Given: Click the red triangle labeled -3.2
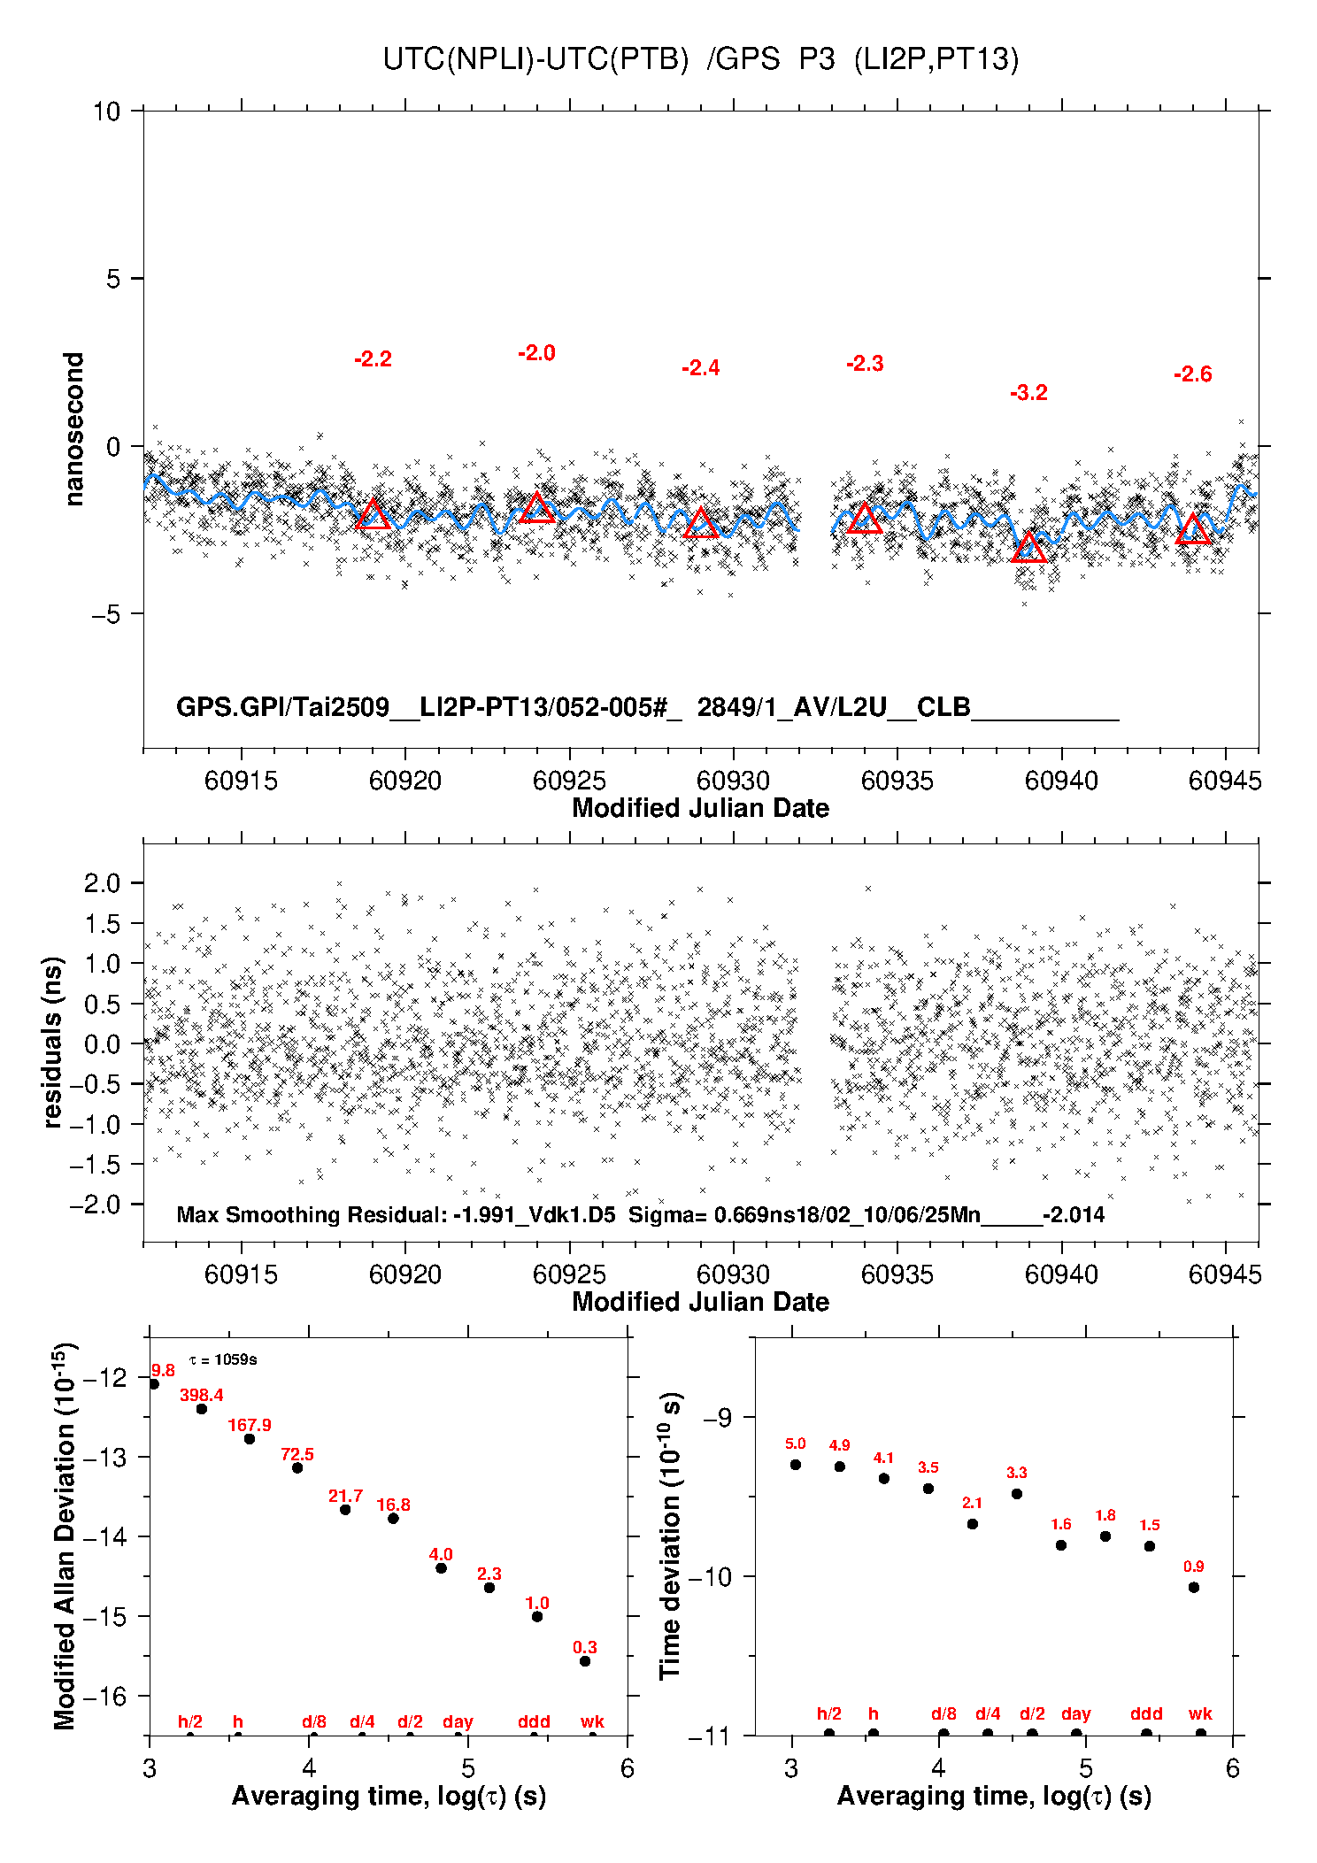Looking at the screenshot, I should [x=1028, y=548].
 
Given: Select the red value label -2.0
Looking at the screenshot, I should [x=536, y=353].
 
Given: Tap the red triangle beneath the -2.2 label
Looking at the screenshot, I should [x=373, y=515].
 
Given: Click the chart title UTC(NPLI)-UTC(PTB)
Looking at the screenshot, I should [x=535, y=59].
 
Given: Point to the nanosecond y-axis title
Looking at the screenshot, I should [x=73, y=429].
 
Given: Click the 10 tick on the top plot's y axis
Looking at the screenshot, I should [x=106, y=112].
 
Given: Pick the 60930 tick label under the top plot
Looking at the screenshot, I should [x=733, y=781].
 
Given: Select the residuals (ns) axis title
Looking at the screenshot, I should [x=53, y=1042].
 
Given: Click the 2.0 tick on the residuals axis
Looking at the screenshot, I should [x=102, y=882].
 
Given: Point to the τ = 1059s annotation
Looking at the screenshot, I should [x=223, y=1359].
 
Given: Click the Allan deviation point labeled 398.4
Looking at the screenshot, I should [x=202, y=1409].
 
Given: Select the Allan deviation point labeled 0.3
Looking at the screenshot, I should [x=585, y=1661].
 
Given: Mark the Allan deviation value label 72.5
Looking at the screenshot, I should [x=297, y=1454].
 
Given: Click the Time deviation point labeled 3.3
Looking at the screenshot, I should [x=1017, y=1494].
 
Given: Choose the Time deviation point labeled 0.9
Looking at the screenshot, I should [x=1194, y=1587].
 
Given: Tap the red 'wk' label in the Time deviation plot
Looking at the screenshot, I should [x=1200, y=1714].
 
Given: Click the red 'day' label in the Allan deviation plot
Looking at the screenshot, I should [x=458, y=1721].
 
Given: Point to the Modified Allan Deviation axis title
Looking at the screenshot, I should [x=65, y=1536].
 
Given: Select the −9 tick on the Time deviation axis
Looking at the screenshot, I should [x=723, y=1418].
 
